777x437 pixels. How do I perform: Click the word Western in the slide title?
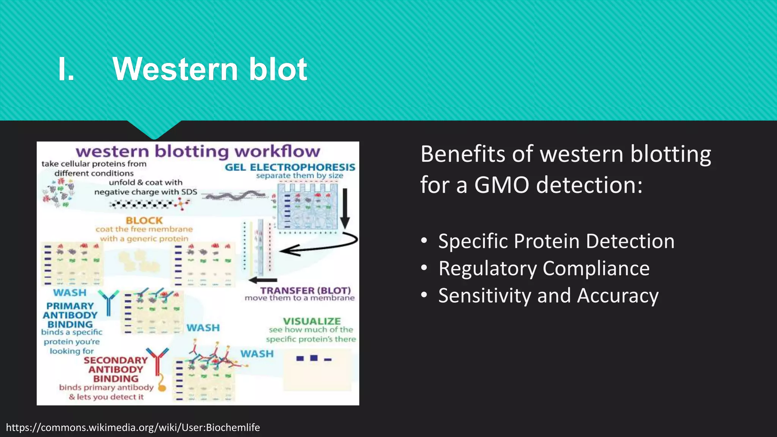(x=175, y=69)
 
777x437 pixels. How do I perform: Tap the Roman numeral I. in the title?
(x=66, y=70)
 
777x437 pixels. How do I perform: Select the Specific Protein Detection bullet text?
(x=556, y=241)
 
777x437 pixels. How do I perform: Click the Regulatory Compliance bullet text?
(x=544, y=269)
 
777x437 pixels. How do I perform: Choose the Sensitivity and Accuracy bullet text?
(x=548, y=296)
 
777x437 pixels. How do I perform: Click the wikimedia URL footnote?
(x=133, y=428)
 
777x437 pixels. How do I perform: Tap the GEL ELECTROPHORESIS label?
(x=290, y=167)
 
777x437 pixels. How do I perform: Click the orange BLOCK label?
(x=144, y=220)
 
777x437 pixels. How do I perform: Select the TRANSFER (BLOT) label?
(x=305, y=291)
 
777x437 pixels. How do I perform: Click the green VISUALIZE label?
(x=312, y=321)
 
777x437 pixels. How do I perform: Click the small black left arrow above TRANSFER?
(x=263, y=280)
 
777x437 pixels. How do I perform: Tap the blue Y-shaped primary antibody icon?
(x=108, y=302)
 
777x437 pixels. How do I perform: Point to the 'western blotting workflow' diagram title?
(x=198, y=151)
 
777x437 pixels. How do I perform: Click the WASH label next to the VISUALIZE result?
(x=257, y=354)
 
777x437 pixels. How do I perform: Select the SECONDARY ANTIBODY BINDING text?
(x=115, y=369)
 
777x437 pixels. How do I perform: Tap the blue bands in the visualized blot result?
(x=313, y=358)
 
